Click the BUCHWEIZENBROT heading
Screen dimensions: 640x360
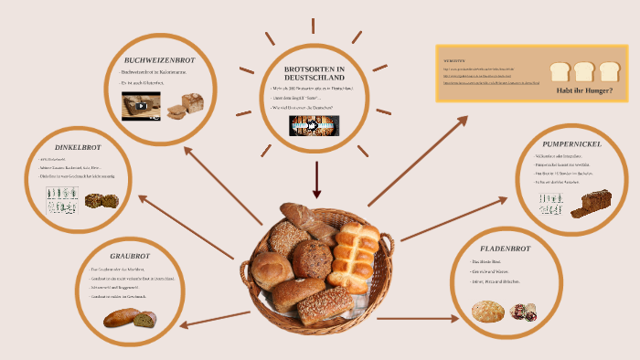[x=160, y=60]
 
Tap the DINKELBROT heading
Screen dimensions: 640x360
[x=78, y=146]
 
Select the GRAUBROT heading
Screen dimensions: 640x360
[x=130, y=257]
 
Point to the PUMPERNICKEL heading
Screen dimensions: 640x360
[x=571, y=144]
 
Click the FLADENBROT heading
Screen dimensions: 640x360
[x=506, y=249]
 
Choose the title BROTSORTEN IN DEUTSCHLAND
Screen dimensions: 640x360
[x=315, y=74]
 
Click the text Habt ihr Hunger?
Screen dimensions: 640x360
[x=584, y=90]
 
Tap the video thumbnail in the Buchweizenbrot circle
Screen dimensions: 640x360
[x=142, y=105]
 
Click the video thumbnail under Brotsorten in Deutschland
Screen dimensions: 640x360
[x=315, y=125]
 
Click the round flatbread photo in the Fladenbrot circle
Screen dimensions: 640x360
[x=488, y=312]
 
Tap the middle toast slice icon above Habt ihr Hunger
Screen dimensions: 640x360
[x=584, y=70]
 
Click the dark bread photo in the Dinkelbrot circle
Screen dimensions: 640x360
[x=101, y=200]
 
